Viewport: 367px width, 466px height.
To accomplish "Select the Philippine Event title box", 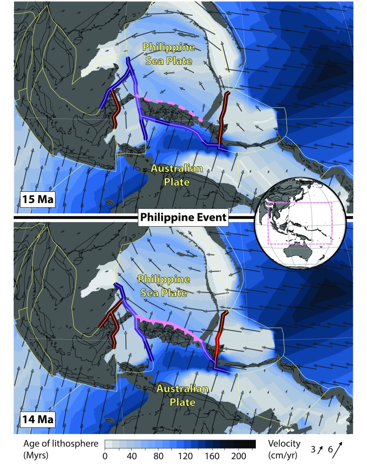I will [x=183, y=218].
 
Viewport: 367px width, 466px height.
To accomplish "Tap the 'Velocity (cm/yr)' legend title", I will [x=274, y=449].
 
